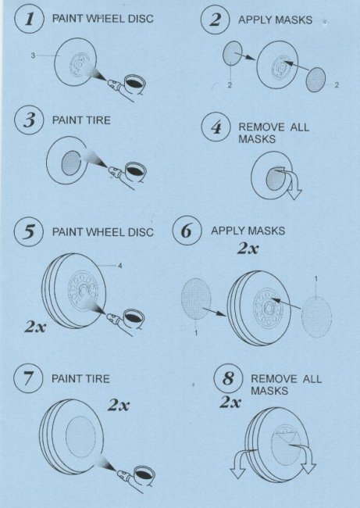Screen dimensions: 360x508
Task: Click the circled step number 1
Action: (29, 19)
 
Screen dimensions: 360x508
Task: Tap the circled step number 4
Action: (216, 127)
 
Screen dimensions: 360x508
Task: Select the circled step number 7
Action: (28, 378)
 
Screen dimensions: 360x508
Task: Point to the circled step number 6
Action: (187, 231)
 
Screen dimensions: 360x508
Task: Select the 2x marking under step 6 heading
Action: (248, 249)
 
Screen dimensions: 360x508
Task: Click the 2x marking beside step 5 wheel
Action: (35, 327)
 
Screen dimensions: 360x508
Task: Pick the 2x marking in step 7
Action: (119, 405)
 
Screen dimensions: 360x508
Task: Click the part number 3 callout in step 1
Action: (33, 55)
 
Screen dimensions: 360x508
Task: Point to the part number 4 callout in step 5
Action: (119, 266)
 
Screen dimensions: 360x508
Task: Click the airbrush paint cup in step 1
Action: (134, 84)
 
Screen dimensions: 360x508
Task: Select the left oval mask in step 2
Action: (233, 53)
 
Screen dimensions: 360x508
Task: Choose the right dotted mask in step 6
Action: (316, 317)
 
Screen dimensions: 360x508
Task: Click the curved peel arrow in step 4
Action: (288, 181)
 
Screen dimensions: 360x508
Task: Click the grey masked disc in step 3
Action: (71, 163)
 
